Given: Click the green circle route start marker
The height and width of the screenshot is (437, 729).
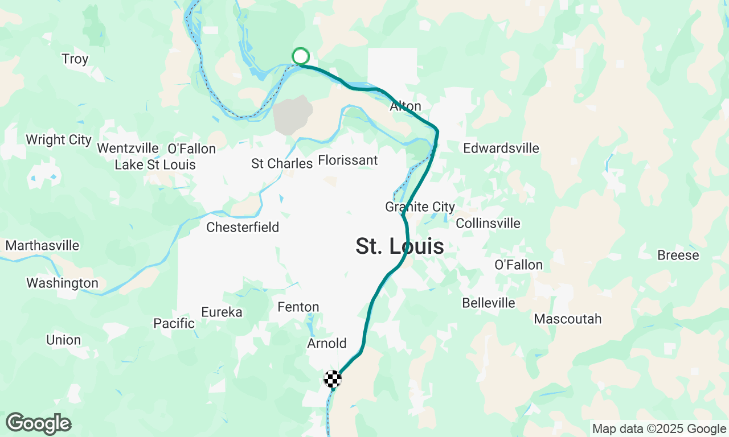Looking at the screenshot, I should click(301, 56).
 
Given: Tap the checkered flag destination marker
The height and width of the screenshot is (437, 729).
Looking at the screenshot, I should click(333, 378).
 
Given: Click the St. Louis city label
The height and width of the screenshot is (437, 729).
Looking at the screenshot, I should click(400, 246).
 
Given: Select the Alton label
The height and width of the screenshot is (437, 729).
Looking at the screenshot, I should click(406, 106).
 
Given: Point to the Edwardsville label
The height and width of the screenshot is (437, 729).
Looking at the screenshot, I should click(501, 149).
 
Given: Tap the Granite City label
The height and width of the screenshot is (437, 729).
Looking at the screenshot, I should click(420, 207).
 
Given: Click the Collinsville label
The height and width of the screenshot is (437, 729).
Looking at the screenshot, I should click(488, 223).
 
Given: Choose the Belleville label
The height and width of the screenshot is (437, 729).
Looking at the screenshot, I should click(489, 303).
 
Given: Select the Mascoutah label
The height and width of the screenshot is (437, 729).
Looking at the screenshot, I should click(567, 319).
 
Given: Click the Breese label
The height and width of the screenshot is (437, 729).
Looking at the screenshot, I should click(678, 255).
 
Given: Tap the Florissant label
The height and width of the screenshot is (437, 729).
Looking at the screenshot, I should click(347, 160).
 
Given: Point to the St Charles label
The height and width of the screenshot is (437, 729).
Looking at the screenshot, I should click(282, 164).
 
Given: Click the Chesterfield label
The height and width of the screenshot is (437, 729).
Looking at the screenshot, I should click(243, 228).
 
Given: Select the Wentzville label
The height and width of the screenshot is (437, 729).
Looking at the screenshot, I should click(128, 149).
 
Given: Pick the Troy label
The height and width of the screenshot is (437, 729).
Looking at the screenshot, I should click(75, 59).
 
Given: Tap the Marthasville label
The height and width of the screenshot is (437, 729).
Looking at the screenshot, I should click(43, 246).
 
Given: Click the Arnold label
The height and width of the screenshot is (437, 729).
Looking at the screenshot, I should click(326, 344).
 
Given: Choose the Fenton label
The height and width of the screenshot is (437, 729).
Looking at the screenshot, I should click(298, 307).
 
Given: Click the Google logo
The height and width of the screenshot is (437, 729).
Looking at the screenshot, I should click(38, 424).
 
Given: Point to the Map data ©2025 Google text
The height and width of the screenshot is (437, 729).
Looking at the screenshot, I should click(659, 429).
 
